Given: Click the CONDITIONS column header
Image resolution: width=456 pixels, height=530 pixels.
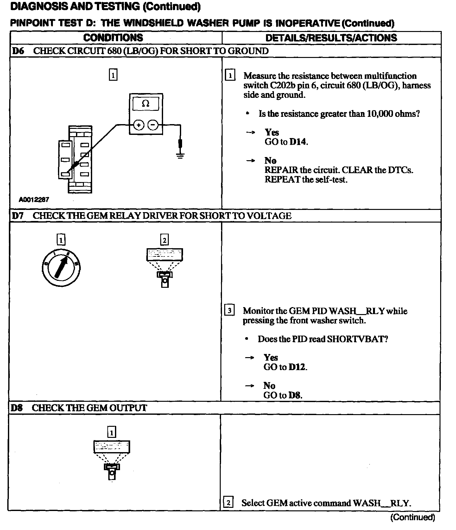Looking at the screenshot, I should click(x=113, y=38).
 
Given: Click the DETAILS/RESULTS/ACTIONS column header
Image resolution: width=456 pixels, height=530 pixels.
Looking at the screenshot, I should click(x=331, y=38).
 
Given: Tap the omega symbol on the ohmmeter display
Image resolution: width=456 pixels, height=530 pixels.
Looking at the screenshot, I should click(x=146, y=104).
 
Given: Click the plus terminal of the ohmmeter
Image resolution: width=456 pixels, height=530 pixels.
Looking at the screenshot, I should click(x=138, y=125).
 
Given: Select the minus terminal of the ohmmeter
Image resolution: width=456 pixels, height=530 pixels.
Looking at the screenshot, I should click(x=153, y=125).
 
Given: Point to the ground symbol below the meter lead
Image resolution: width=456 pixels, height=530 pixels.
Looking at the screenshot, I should click(x=180, y=155).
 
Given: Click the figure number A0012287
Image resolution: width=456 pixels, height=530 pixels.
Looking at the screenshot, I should click(x=34, y=200).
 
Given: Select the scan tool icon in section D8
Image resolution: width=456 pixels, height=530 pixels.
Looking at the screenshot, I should click(x=112, y=459).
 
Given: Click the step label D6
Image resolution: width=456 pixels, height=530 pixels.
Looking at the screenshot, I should click(x=18, y=51).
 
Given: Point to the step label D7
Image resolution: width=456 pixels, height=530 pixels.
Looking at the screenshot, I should click(x=18, y=216).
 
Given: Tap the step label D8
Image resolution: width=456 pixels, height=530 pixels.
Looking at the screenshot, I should click(x=17, y=408).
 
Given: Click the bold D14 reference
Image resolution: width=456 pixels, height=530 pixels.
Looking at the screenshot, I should click(x=298, y=142).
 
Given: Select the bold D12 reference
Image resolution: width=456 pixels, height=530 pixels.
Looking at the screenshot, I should click(x=298, y=367).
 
